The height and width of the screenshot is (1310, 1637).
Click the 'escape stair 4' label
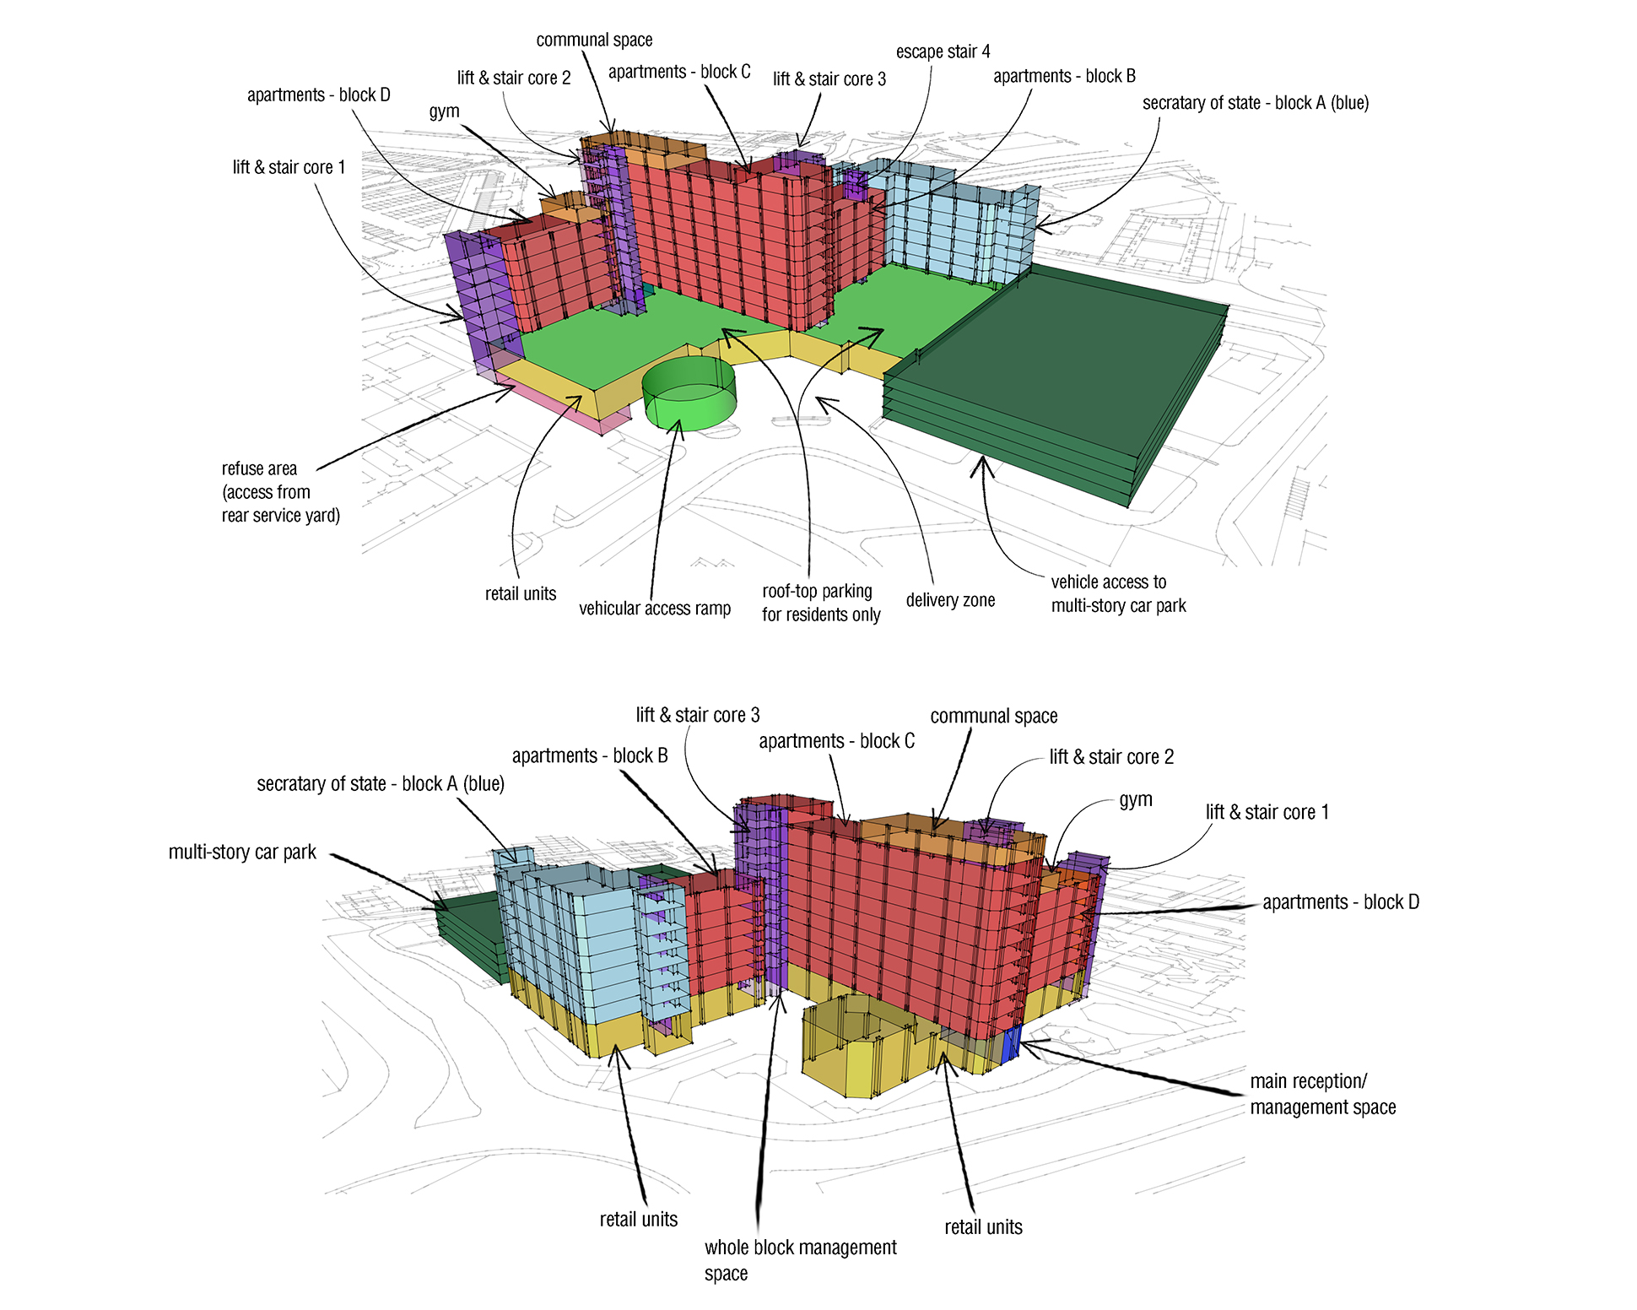(x=943, y=51)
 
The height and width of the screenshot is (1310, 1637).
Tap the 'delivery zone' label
(x=950, y=600)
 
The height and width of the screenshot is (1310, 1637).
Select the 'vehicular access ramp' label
(x=654, y=609)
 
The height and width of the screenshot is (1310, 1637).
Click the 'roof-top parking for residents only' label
(x=820, y=603)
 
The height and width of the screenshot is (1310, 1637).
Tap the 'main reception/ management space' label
(x=1322, y=1094)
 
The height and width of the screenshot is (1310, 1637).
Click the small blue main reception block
(x=1011, y=1043)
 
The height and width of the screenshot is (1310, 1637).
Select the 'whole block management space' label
(x=800, y=1259)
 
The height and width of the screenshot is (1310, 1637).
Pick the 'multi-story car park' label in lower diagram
(x=242, y=853)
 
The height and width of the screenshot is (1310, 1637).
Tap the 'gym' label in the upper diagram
(x=444, y=111)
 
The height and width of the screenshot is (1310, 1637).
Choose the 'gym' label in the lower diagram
(x=1135, y=799)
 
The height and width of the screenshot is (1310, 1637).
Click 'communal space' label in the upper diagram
(x=594, y=40)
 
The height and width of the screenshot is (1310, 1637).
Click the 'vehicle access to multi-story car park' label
(x=1118, y=593)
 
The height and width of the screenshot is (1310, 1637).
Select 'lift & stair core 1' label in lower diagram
(x=1267, y=812)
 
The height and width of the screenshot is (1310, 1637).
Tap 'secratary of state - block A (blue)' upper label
(x=1255, y=103)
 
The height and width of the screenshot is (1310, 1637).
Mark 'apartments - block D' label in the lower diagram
(x=1340, y=902)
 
